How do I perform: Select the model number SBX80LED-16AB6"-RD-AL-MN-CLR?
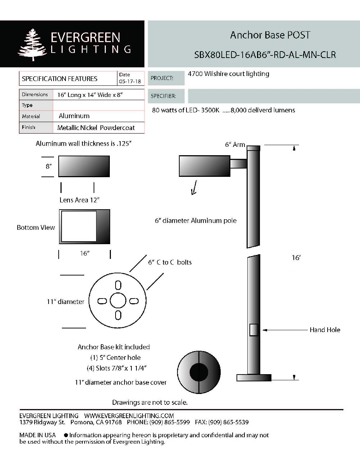click(265, 55)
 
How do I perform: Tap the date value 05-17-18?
click(130, 82)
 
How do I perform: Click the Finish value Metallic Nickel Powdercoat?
click(96, 128)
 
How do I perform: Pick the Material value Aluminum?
click(74, 116)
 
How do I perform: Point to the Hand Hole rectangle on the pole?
click(253, 330)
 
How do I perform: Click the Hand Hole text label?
click(325, 330)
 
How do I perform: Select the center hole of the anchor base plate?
click(118, 301)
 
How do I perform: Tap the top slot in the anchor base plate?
click(118, 285)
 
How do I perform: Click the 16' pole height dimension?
click(296, 258)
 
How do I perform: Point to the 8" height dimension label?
click(49, 166)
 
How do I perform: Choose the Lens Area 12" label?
click(79, 200)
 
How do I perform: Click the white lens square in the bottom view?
click(79, 227)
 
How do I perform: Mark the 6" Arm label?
click(235, 144)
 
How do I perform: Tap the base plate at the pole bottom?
click(254, 378)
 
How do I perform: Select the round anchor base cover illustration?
click(199, 372)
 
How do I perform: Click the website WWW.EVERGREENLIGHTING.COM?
click(129, 416)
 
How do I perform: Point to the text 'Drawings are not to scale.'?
click(150, 402)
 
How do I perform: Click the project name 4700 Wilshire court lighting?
click(229, 74)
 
